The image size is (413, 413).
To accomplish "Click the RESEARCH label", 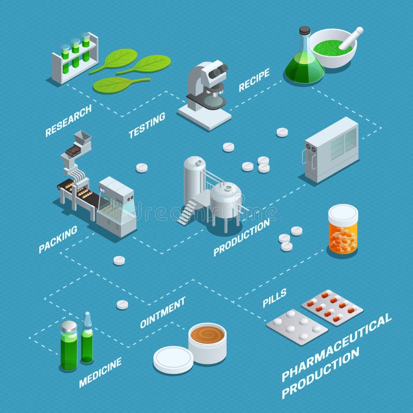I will point(68,121).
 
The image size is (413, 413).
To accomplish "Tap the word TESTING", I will point(147,125).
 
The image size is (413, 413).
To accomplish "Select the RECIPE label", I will point(254,81).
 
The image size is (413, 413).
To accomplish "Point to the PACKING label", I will point(58,239).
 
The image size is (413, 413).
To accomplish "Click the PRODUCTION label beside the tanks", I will point(242,237).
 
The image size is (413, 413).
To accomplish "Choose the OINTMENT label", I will point(163,312).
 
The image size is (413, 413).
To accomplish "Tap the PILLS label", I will point(275,298).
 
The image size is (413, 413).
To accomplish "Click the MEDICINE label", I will point(100,372).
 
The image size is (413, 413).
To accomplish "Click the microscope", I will point(208,93).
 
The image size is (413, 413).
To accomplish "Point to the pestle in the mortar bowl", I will point(350,39).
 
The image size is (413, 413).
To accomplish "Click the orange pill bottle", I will point(343,230).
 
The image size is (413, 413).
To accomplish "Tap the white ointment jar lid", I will point(173,359).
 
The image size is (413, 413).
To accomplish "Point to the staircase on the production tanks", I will point(188,211).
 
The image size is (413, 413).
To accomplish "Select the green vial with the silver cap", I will point(69,344).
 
